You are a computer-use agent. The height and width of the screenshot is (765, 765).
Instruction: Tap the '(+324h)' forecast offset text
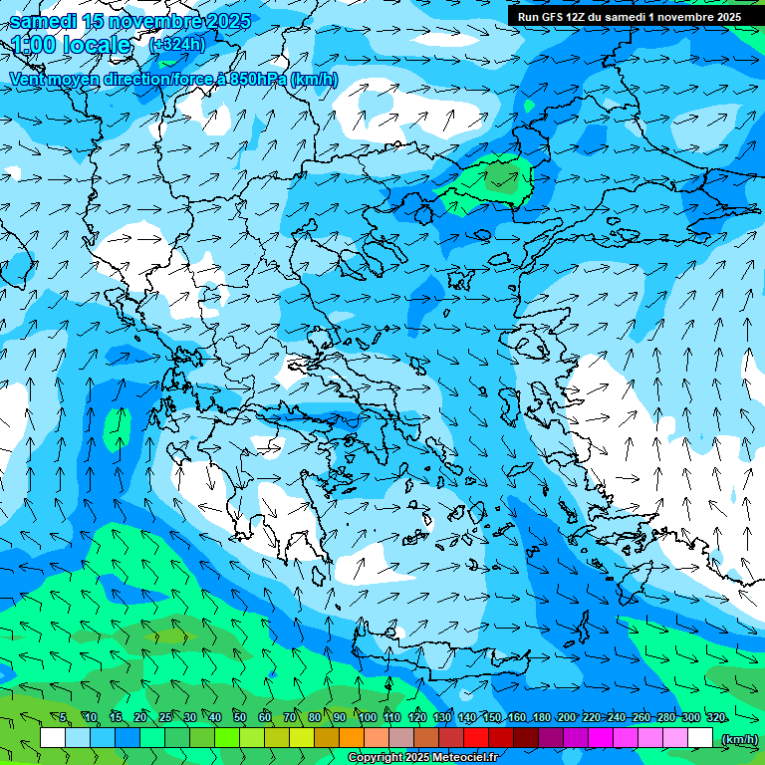tap(177, 45)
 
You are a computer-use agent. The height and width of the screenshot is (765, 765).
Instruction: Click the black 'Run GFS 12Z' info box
tap(627, 16)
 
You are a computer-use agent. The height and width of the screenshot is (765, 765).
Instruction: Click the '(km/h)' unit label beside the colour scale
tap(738, 739)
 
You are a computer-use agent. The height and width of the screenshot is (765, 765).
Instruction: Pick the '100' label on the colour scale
tap(367, 717)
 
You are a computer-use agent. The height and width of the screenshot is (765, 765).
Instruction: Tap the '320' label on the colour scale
tap(715, 717)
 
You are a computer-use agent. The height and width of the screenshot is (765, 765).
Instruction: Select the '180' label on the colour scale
tap(541, 717)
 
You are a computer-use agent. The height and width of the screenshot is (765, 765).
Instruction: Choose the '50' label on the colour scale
tap(240, 717)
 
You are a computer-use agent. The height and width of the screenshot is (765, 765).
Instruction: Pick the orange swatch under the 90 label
tap(352, 738)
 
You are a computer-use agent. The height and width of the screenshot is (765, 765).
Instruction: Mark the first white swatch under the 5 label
tap(53, 738)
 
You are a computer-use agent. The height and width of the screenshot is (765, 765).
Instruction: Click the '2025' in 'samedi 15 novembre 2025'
tap(225, 21)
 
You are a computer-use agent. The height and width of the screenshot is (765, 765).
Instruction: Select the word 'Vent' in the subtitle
tap(28, 80)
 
